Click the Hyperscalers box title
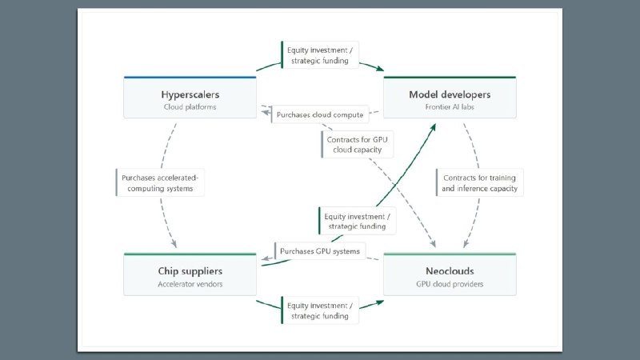(190, 94)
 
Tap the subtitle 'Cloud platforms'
(190, 107)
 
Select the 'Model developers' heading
(450, 94)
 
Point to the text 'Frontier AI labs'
(450, 107)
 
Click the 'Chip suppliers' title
(190, 271)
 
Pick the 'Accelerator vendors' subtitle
(190, 284)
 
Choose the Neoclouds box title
(450, 271)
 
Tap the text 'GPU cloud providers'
(450, 284)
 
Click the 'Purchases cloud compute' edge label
(320, 114)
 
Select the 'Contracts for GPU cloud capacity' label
(357, 145)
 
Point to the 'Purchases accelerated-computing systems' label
(160, 183)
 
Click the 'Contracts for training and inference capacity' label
(479, 183)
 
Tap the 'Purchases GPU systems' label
(320, 251)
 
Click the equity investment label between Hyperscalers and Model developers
(320, 55)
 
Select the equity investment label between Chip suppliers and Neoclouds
(320, 310)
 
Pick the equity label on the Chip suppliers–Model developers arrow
(357, 222)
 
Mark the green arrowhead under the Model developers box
(433, 128)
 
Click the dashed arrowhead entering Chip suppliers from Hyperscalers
(174, 244)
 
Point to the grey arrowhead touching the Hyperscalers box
(266, 111)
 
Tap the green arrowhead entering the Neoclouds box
(380, 303)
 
